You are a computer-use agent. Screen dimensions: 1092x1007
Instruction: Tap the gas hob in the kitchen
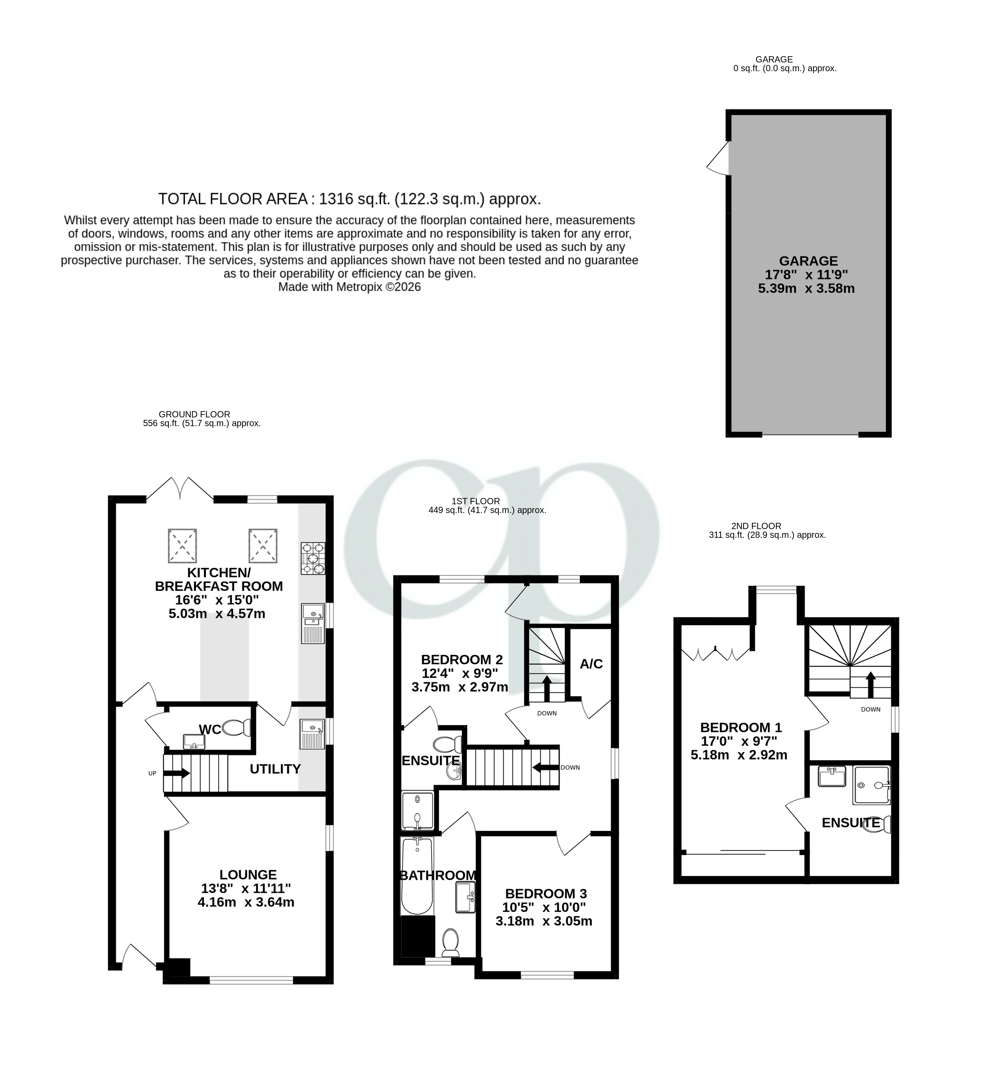(313, 558)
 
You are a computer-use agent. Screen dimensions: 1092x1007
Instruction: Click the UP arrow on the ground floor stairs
(177, 773)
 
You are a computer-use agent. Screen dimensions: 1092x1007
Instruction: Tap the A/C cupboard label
(591, 663)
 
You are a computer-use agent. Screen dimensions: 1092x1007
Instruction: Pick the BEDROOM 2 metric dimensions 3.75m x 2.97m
(459, 687)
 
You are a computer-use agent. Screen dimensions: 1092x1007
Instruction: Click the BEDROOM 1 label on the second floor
(741, 727)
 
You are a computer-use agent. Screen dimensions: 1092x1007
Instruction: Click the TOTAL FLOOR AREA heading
(349, 199)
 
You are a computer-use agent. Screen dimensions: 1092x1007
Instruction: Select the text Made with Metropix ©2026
(349, 287)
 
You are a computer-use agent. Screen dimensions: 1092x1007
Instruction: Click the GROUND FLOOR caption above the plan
(194, 414)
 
